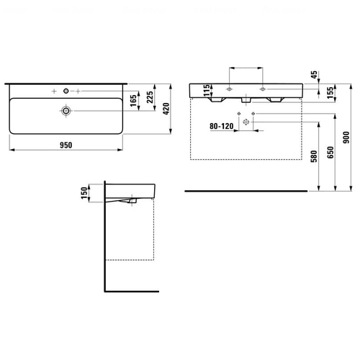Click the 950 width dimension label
pos(66,145)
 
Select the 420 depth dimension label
pos(166,109)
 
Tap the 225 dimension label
pos(150,97)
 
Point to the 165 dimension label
pos(133,100)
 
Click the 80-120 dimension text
pos(221,126)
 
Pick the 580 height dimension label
pos(314,156)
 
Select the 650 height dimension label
pos(330,153)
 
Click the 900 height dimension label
pos(346,138)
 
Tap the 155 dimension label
pos(330,93)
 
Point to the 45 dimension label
pos(314,75)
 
